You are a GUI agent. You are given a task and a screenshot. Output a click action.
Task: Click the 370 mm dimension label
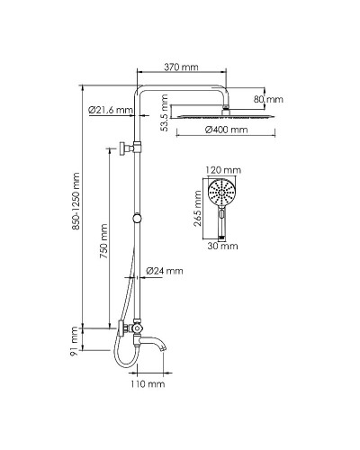(183, 67)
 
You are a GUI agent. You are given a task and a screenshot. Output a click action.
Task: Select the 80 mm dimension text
(267, 98)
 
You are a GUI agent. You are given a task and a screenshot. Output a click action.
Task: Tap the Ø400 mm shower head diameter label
(225, 130)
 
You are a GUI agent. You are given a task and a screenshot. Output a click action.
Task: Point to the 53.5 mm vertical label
(166, 116)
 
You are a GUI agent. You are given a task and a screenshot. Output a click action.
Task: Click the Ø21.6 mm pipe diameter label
(112, 111)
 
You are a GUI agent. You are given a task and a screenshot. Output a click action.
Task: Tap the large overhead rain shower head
(225, 116)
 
